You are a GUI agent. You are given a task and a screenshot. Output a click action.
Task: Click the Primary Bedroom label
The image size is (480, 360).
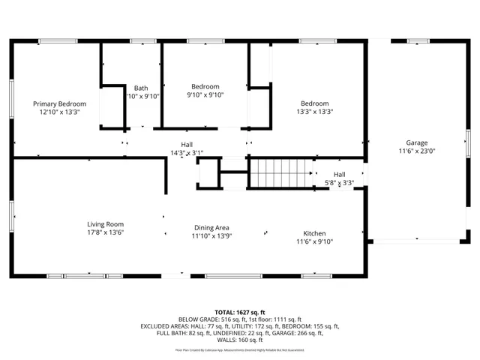tap(59, 103)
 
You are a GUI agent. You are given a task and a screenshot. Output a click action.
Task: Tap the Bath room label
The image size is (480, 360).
tap(141, 88)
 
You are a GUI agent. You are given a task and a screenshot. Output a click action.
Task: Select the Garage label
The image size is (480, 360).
tap(416, 142)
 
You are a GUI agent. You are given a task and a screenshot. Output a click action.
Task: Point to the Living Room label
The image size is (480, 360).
tap(105, 224)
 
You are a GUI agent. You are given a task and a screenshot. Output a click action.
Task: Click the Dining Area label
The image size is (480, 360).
tap(211, 227)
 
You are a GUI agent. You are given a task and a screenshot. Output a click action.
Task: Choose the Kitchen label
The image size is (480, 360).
tap(314, 232)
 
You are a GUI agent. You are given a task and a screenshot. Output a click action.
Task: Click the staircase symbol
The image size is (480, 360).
tap(280, 174)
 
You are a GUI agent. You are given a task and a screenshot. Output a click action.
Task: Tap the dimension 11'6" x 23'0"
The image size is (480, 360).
tap(416, 151)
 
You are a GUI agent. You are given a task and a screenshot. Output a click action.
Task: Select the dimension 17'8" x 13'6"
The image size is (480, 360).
tap(105, 232)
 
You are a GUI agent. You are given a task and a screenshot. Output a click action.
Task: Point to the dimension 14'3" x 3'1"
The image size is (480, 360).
tap(186, 153)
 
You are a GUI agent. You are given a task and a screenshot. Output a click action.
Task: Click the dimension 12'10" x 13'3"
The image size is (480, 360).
tap(59, 112)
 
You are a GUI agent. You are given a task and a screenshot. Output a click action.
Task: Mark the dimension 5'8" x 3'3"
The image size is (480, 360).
tap(339, 183)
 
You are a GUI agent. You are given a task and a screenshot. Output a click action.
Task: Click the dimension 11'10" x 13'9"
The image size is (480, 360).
tap(211, 235)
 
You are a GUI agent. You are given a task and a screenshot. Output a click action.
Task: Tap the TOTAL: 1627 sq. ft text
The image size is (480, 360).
tap(240, 311)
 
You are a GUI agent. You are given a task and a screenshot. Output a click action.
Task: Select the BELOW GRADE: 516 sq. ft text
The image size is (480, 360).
tap(208, 319)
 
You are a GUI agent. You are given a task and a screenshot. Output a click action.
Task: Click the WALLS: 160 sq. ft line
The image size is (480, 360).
tap(240, 341)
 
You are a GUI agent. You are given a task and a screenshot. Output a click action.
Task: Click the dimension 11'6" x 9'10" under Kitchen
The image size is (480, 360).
tap(314, 241)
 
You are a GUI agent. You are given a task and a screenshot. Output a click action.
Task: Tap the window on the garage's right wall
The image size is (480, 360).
tap(467, 142)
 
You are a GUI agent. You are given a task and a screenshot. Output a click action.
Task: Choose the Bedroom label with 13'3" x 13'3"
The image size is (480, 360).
tap(314, 103)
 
